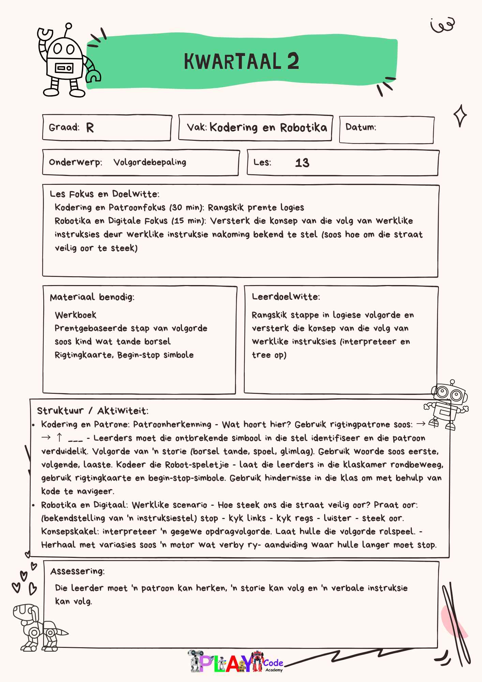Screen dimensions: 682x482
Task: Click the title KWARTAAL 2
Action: tap(241, 61)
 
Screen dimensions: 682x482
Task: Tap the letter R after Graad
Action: tap(90, 128)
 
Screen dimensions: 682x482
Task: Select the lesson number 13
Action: tap(302, 163)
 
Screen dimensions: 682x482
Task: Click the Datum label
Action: tap(361, 127)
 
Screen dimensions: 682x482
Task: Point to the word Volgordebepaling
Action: tap(150, 162)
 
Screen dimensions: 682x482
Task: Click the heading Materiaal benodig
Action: tap(92, 297)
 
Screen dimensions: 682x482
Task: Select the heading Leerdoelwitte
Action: tap(286, 297)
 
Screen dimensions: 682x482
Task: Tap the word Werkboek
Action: tap(76, 315)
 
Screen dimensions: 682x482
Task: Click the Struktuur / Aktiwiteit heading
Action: tap(92, 411)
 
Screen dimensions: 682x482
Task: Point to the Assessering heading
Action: tap(77, 571)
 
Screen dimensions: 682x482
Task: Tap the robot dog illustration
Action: tap(37, 627)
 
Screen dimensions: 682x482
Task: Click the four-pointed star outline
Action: tap(460, 116)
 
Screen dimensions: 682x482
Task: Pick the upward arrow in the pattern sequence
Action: tap(59, 438)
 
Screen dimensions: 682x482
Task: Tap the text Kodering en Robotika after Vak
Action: tap(268, 128)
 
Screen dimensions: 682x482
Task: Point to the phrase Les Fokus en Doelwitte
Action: tap(104, 194)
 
